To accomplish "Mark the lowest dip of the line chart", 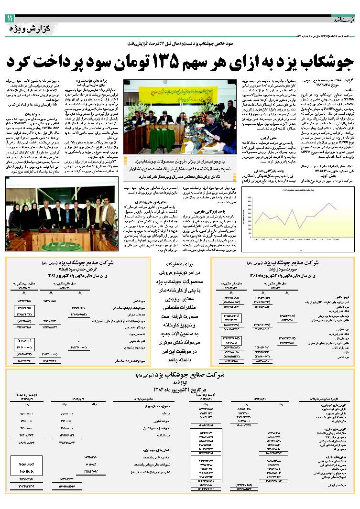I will [x=299, y=228].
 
